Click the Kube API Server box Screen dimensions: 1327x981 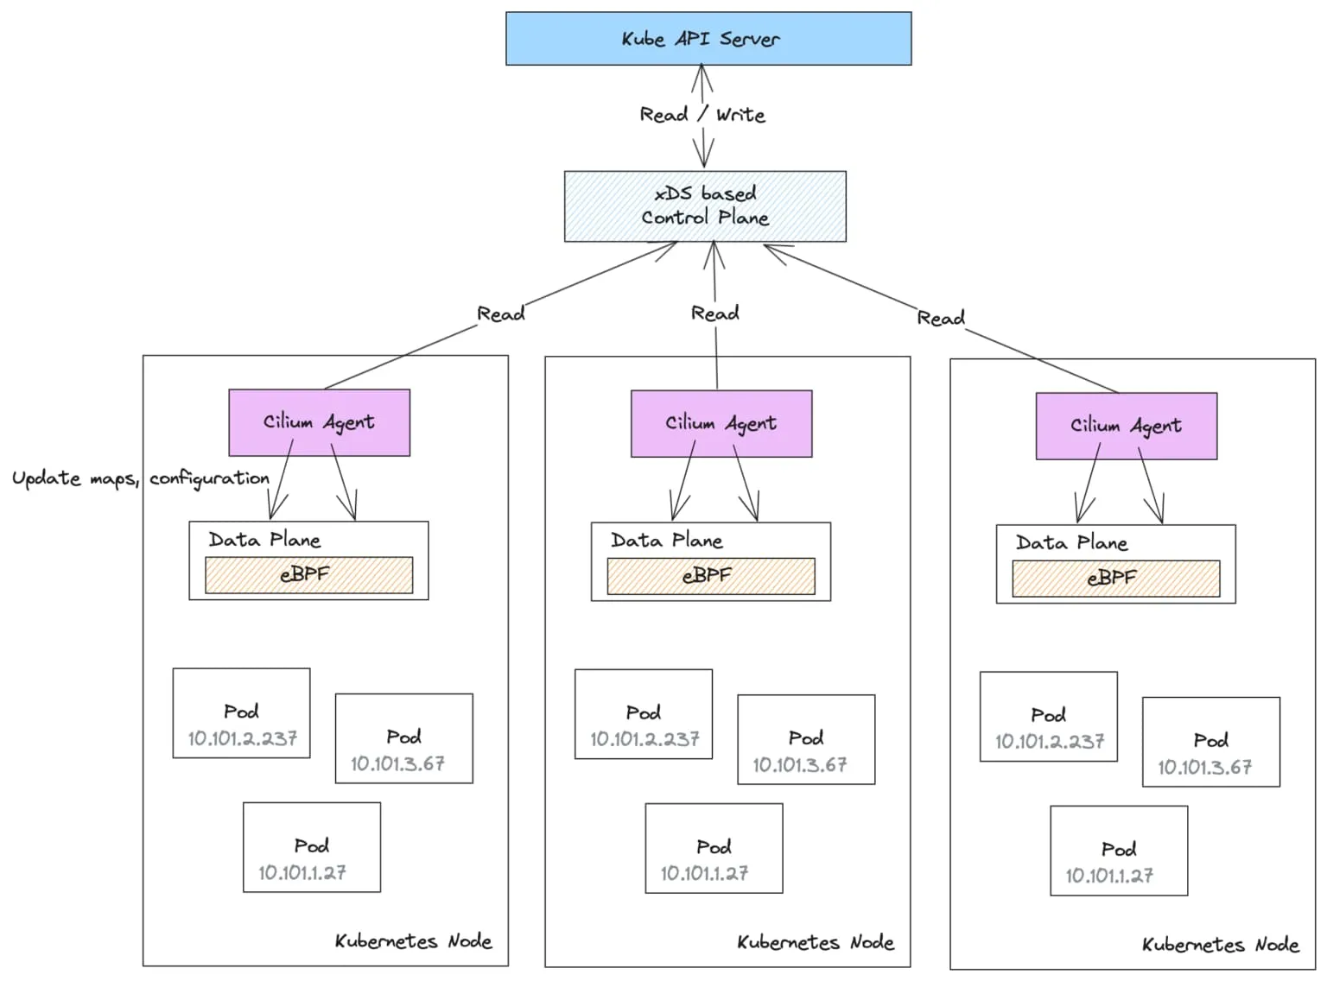pyautogui.click(x=708, y=38)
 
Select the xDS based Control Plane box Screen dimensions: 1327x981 pyautogui.click(x=705, y=206)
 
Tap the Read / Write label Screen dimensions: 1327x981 pyautogui.click(x=702, y=114)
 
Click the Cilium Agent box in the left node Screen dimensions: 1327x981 pyautogui.click(x=319, y=422)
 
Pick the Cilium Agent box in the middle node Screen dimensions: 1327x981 pyautogui.click(x=721, y=423)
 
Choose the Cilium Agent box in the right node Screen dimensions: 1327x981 pyautogui.click(x=1126, y=426)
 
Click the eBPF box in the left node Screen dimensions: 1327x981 pyautogui.click(x=308, y=575)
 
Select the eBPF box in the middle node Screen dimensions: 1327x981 pyautogui.click(x=711, y=576)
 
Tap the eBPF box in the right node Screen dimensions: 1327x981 pyautogui.click(x=1116, y=579)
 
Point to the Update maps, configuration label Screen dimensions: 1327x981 pyautogui.click(x=141, y=478)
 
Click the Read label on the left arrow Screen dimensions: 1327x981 pyautogui.click(x=501, y=313)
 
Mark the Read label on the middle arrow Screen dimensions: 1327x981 pyautogui.click(x=715, y=313)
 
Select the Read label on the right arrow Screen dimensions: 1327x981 pyautogui.click(x=941, y=317)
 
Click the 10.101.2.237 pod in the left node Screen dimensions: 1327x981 pyautogui.click(x=241, y=713)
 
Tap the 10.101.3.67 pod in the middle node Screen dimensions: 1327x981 pyautogui.click(x=806, y=739)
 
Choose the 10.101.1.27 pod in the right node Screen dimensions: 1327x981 pyautogui.click(x=1119, y=851)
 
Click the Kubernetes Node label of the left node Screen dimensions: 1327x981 pyautogui.click(x=414, y=941)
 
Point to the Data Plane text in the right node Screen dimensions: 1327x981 pyautogui.click(x=1071, y=542)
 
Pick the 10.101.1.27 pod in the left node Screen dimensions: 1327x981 pyautogui.click(x=312, y=847)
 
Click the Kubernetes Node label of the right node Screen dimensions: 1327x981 pyautogui.click(x=1221, y=945)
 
